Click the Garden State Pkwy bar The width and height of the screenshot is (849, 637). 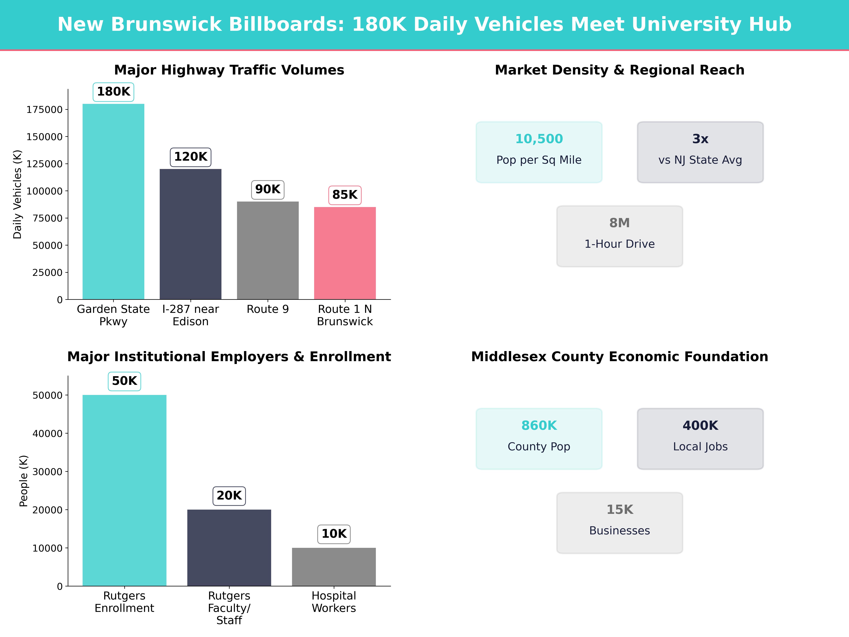pos(113,202)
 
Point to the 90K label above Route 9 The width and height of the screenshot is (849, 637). pos(267,189)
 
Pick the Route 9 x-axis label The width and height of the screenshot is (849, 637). pos(267,309)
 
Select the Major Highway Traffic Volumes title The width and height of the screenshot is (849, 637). pos(229,70)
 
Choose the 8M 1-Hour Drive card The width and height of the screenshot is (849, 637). pos(619,236)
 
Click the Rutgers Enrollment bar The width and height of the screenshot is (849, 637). pos(124,490)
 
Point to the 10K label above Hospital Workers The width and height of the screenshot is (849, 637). pos(334,534)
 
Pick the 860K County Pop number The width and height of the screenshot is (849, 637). pos(539,425)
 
